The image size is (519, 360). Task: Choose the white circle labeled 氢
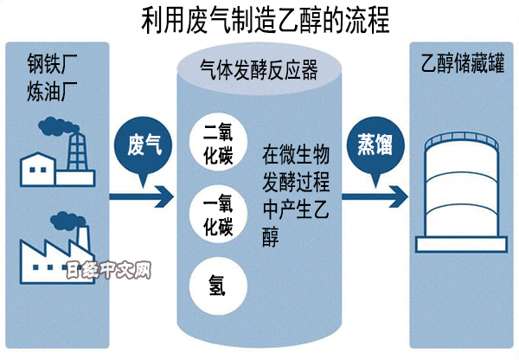(218, 283)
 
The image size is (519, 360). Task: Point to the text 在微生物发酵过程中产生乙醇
(293, 196)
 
